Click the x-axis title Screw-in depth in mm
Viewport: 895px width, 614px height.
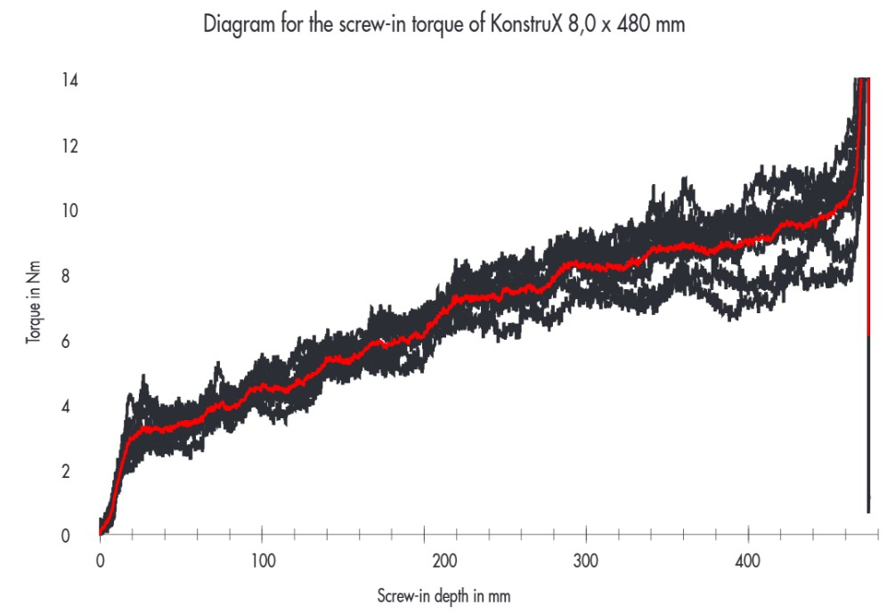(x=444, y=594)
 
